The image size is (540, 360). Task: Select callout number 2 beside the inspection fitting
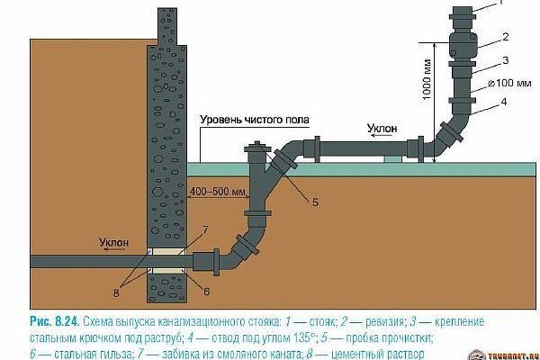[507, 37]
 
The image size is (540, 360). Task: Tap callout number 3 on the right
[507, 60]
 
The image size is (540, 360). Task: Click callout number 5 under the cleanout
[316, 202]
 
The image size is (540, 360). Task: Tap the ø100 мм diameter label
[508, 84]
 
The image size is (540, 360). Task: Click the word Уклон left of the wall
[126, 242]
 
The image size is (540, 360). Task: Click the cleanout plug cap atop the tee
[260, 144]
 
